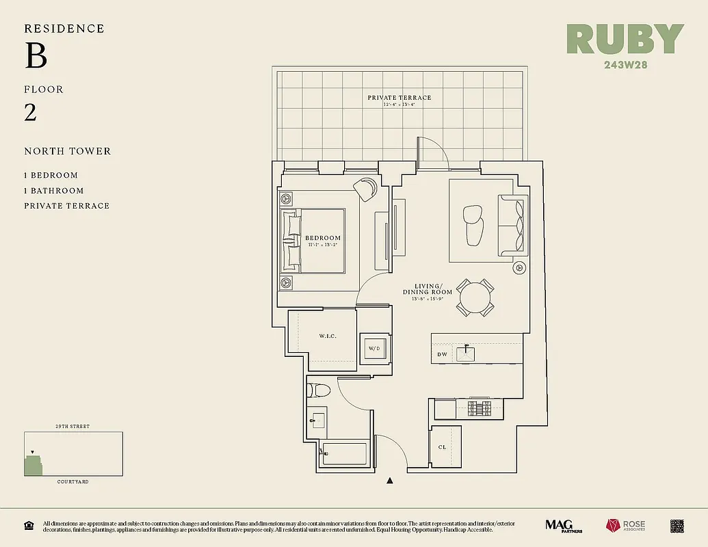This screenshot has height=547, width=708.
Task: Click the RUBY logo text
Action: click(625, 40)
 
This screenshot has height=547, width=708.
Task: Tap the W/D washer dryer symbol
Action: click(374, 349)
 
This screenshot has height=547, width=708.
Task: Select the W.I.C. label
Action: click(328, 336)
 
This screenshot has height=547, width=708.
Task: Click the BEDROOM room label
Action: click(323, 238)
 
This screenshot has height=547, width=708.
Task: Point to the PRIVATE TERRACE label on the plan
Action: click(399, 98)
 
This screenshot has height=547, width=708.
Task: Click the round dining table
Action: click(475, 297)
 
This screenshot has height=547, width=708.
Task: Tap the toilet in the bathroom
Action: click(319, 390)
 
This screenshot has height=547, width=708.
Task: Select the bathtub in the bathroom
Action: click(344, 453)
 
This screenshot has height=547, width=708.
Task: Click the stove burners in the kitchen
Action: click(479, 409)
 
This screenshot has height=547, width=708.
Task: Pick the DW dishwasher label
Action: click(442, 354)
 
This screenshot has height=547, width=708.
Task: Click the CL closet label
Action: click(443, 447)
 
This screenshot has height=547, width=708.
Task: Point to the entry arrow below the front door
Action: click(390, 481)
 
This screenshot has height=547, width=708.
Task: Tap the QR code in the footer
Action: click(677, 525)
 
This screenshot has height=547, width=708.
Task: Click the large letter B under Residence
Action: click(36, 56)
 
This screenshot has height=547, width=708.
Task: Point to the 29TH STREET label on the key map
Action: click(73, 427)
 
